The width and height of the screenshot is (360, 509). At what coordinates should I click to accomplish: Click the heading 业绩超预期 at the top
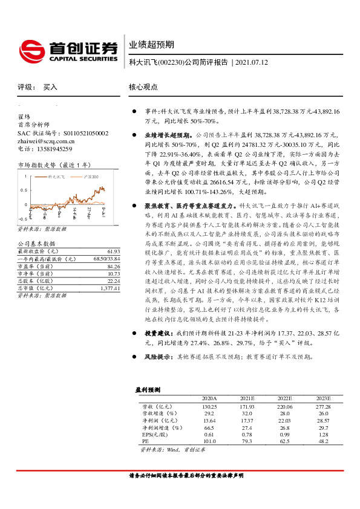[151, 45]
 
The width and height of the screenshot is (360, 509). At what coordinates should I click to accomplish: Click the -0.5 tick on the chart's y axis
[22, 218]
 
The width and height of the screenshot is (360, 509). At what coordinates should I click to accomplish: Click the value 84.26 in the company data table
[113, 265]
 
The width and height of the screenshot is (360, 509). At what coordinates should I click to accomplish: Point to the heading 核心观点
[143, 87]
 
